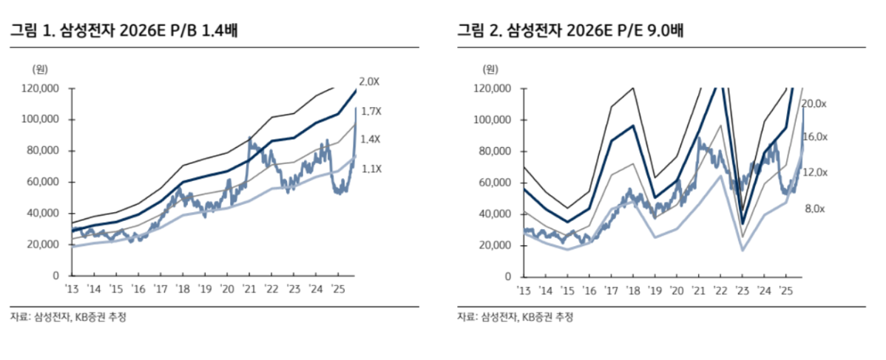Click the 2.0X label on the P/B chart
[369, 81]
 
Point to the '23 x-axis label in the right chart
[742, 289]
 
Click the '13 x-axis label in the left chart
[71, 289]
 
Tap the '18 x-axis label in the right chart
[632, 289]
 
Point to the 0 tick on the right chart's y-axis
[508, 276]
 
